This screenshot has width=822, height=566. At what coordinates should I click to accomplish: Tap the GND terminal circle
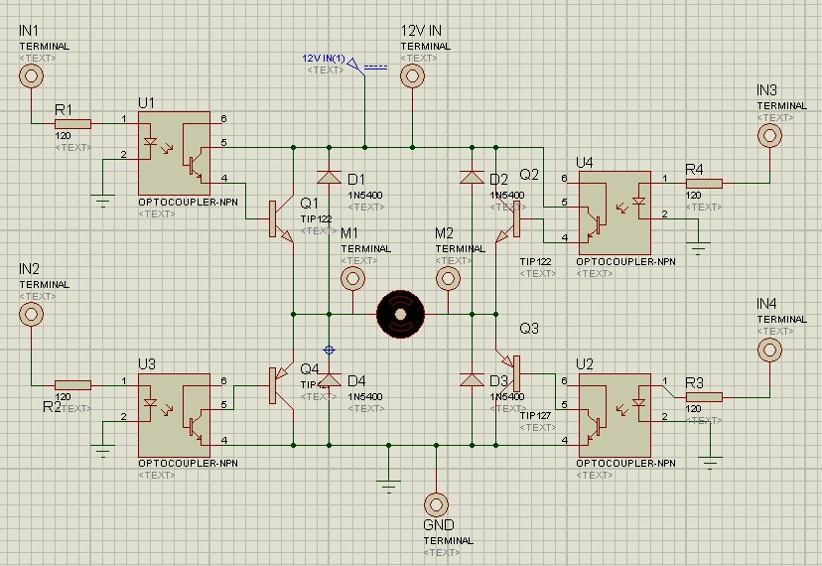(x=436, y=503)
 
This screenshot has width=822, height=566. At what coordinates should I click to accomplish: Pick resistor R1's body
(x=72, y=124)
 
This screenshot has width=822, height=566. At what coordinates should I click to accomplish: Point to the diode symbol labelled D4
(x=329, y=380)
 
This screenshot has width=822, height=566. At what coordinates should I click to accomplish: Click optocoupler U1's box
(x=174, y=152)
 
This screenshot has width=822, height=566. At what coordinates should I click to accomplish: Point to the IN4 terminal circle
(x=768, y=350)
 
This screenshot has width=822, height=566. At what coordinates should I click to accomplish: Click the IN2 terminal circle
(x=32, y=314)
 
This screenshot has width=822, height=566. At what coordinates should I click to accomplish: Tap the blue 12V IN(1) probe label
(x=324, y=59)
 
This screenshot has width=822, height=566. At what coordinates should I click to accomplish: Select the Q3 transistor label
(x=529, y=329)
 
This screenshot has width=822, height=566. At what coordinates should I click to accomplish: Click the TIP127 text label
(x=536, y=416)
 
